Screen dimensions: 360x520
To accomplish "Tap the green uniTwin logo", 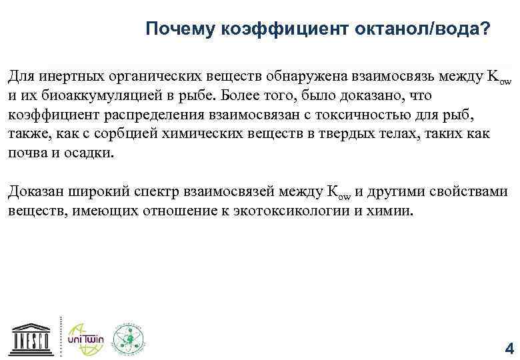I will pos(83,337).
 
